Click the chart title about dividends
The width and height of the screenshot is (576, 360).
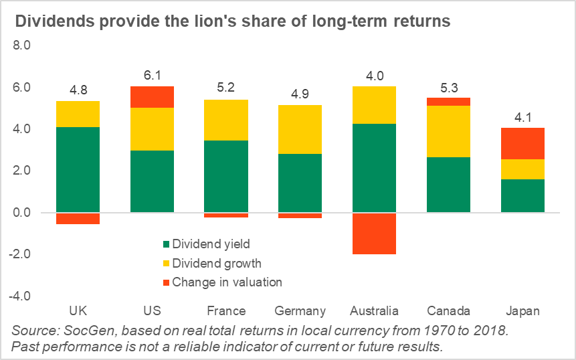pyautogui.click(x=232, y=21)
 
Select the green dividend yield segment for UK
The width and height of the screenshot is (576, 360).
pyautogui.click(x=78, y=169)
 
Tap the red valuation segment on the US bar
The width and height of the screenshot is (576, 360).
pyautogui.click(x=152, y=97)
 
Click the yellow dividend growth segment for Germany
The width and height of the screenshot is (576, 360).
pyautogui.click(x=300, y=129)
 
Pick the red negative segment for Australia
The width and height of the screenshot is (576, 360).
pyautogui.click(x=373, y=233)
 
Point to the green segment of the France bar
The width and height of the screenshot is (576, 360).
pyautogui.click(x=226, y=176)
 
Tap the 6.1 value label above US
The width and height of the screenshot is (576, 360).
pyautogui.click(x=152, y=76)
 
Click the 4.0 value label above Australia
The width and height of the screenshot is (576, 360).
pyautogui.click(x=373, y=76)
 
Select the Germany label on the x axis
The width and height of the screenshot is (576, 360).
pyautogui.click(x=300, y=311)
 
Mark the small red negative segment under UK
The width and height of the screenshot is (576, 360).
pyautogui.click(x=78, y=218)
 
